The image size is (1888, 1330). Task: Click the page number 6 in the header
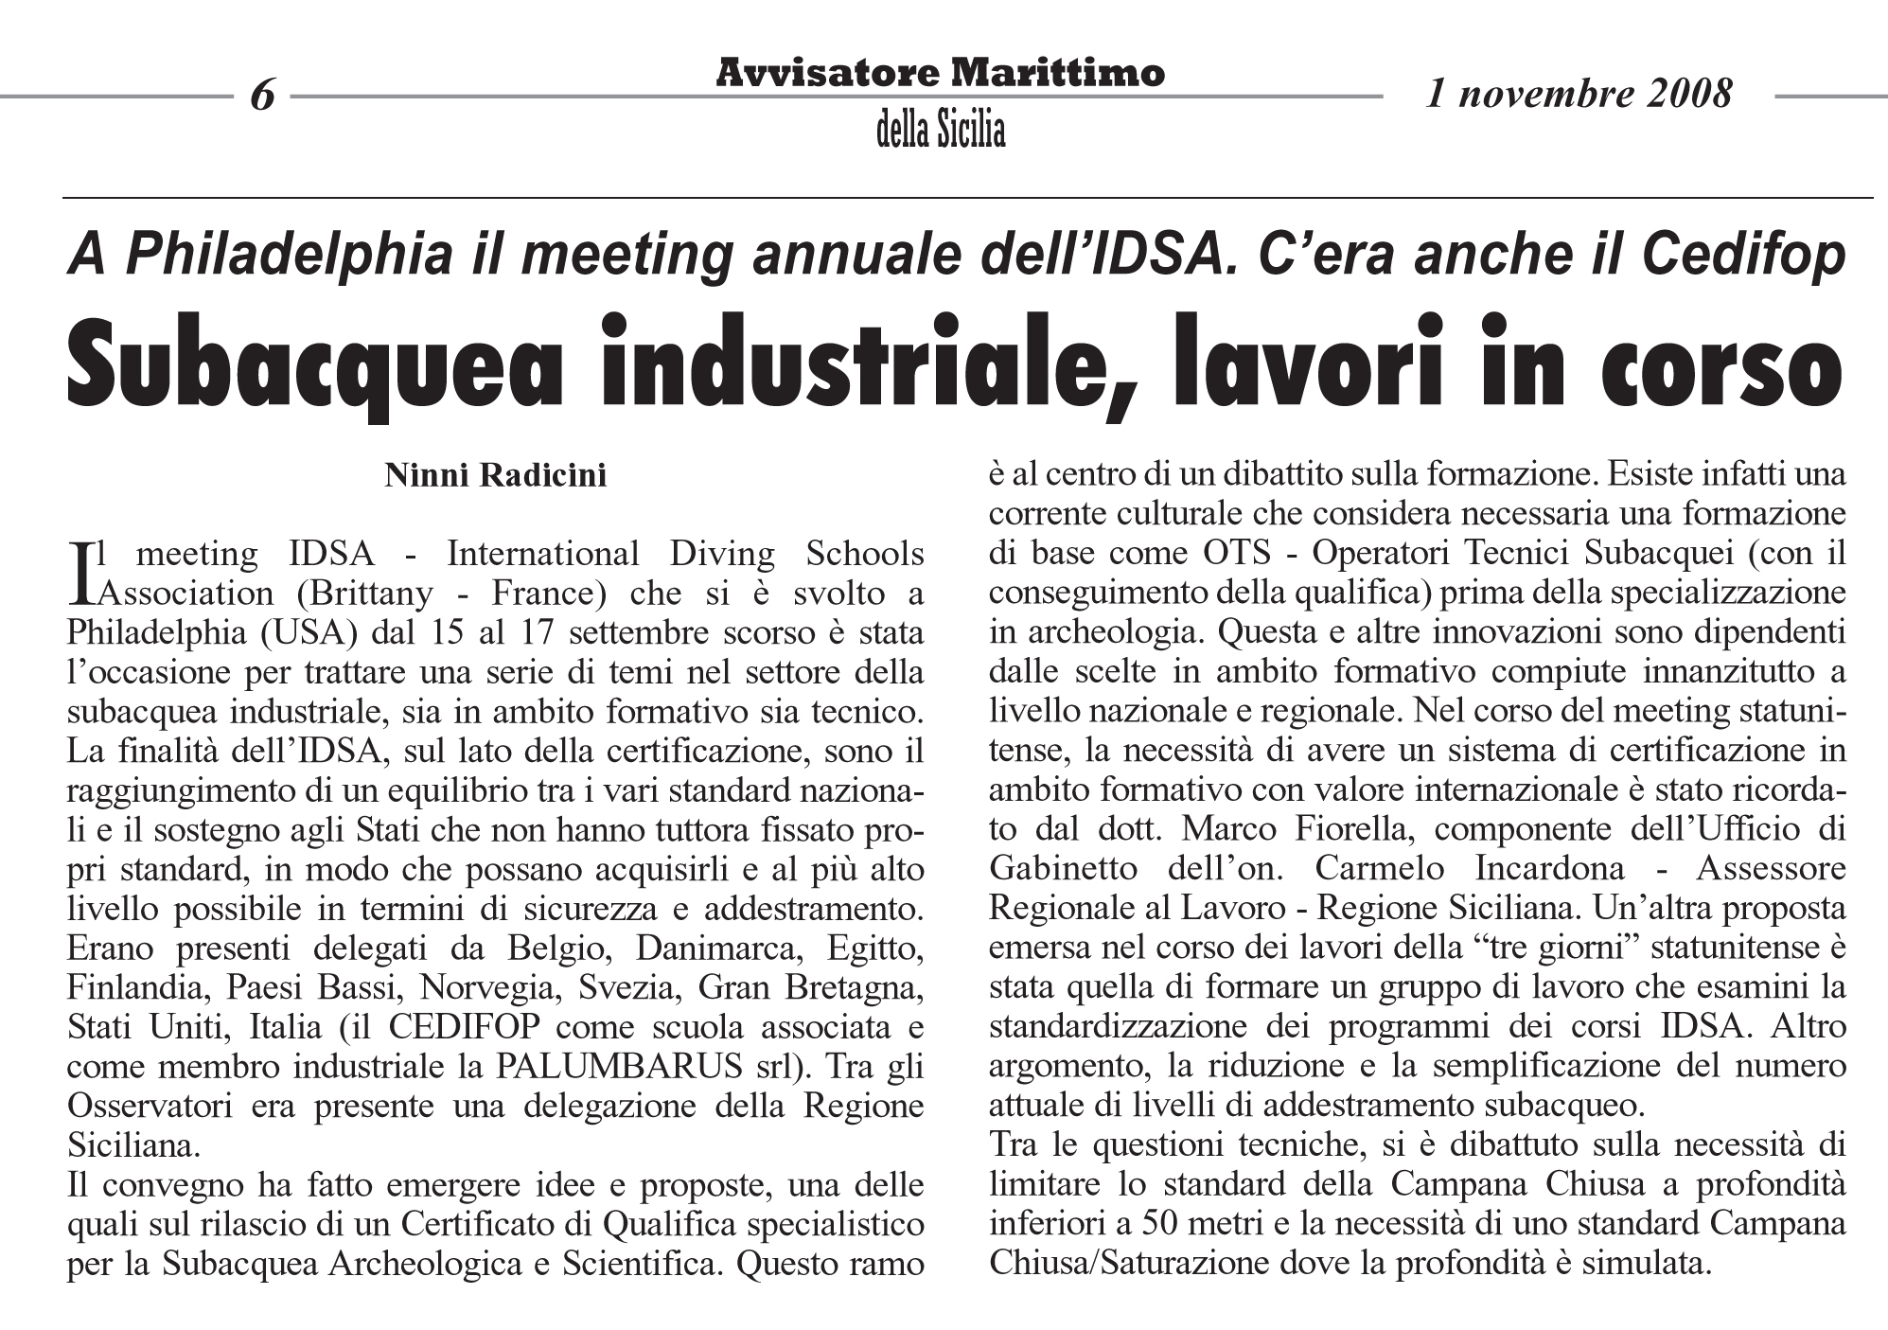pyautogui.click(x=262, y=96)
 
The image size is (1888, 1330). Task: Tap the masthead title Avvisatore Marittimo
pyautogui.click(x=940, y=72)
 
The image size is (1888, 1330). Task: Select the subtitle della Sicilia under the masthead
pyautogui.click(x=940, y=131)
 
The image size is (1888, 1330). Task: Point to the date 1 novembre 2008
pyautogui.click(x=1579, y=94)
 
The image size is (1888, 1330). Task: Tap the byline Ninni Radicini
pyautogui.click(x=495, y=474)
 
